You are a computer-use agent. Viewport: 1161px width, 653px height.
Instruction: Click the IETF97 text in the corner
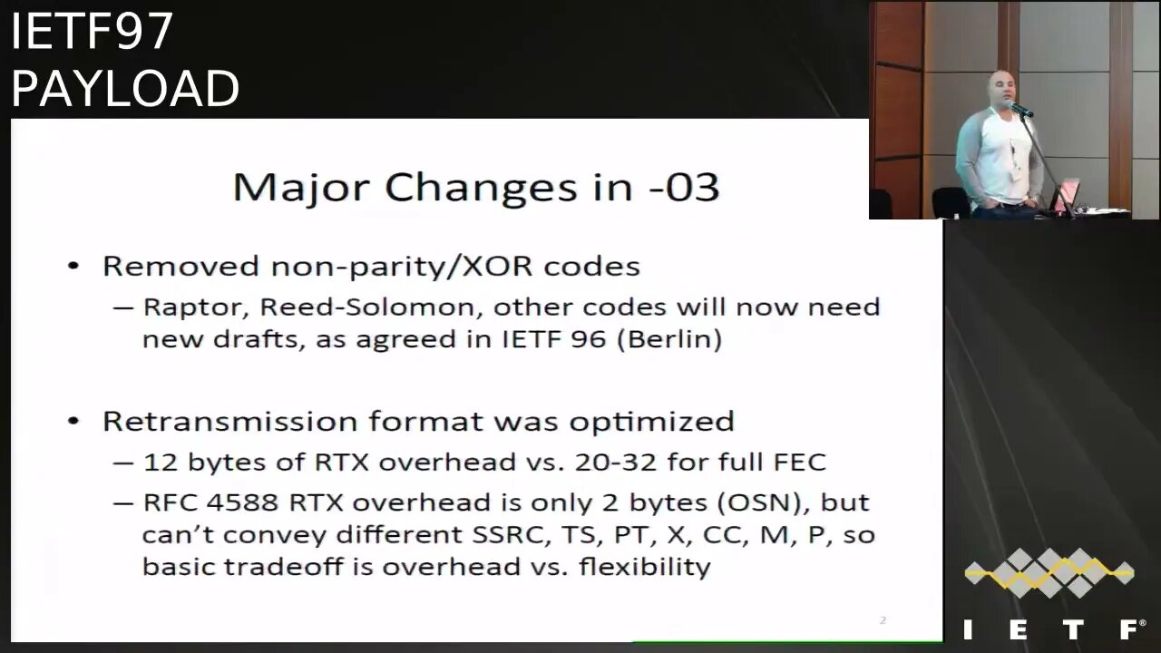click(92, 31)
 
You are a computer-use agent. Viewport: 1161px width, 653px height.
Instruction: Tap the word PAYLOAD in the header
click(125, 89)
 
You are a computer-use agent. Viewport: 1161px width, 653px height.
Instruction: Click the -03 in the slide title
click(684, 187)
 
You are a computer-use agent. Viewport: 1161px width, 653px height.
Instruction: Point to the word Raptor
click(198, 307)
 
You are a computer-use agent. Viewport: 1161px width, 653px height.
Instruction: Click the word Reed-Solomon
click(367, 307)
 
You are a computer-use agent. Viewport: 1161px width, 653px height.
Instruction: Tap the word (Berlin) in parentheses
click(669, 340)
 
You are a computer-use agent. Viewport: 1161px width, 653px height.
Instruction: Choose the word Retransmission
click(230, 421)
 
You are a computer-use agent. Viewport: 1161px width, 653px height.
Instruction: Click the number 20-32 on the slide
click(616, 462)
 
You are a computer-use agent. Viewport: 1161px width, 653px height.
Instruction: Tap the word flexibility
click(645, 566)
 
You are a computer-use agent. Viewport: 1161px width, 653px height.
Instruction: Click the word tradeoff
click(284, 566)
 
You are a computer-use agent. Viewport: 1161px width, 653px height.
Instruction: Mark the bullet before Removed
click(73, 267)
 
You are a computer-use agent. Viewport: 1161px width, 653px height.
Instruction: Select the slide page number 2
click(883, 619)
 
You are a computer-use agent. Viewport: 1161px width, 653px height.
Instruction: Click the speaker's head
click(1000, 89)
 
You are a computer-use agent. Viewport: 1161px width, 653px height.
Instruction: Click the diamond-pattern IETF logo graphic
click(1049, 572)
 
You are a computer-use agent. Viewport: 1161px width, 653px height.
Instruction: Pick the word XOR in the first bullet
click(496, 266)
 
